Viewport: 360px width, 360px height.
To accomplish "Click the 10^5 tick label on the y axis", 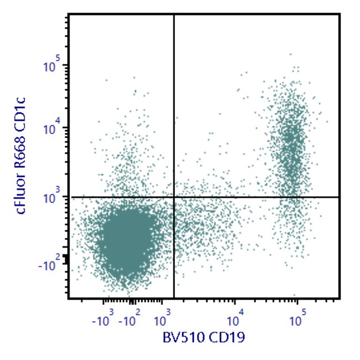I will click(52, 66).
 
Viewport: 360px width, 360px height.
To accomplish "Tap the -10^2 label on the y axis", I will click(50, 265).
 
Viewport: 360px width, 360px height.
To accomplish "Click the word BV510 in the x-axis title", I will click(182, 336).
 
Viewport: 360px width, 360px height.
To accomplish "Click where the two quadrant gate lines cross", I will click(174, 197).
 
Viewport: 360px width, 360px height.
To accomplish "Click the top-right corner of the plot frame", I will click(338, 15).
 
